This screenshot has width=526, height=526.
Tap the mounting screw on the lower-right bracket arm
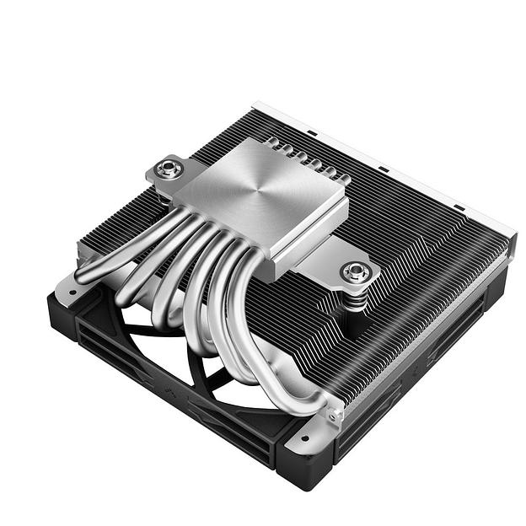coord(355,271)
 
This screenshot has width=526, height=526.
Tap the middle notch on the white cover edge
coord(383,170)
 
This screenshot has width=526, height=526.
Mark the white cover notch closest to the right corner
coord(455,207)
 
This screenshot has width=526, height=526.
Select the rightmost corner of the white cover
coord(512,238)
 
